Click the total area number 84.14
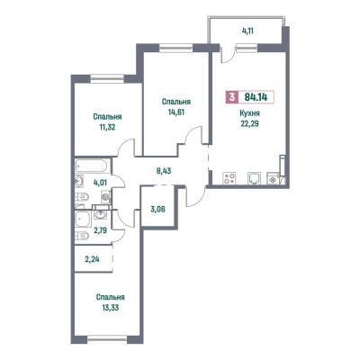tap(256, 97)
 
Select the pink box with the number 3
tap(231, 97)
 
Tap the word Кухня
tap(249, 113)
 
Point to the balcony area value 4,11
tap(247, 31)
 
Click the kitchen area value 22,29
tap(249, 124)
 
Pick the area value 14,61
tap(176, 112)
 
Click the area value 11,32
tap(107, 127)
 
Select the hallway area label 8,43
tap(164, 171)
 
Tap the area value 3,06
tap(157, 210)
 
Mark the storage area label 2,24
tap(92, 259)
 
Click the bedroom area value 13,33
tap(111, 308)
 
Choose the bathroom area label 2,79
tap(100, 230)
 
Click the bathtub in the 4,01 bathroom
tap(91, 166)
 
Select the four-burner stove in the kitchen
tap(229, 178)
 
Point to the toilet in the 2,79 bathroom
tap(81, 237)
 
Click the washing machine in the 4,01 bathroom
tap(105, 197)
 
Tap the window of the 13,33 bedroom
tap(107, 339)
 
